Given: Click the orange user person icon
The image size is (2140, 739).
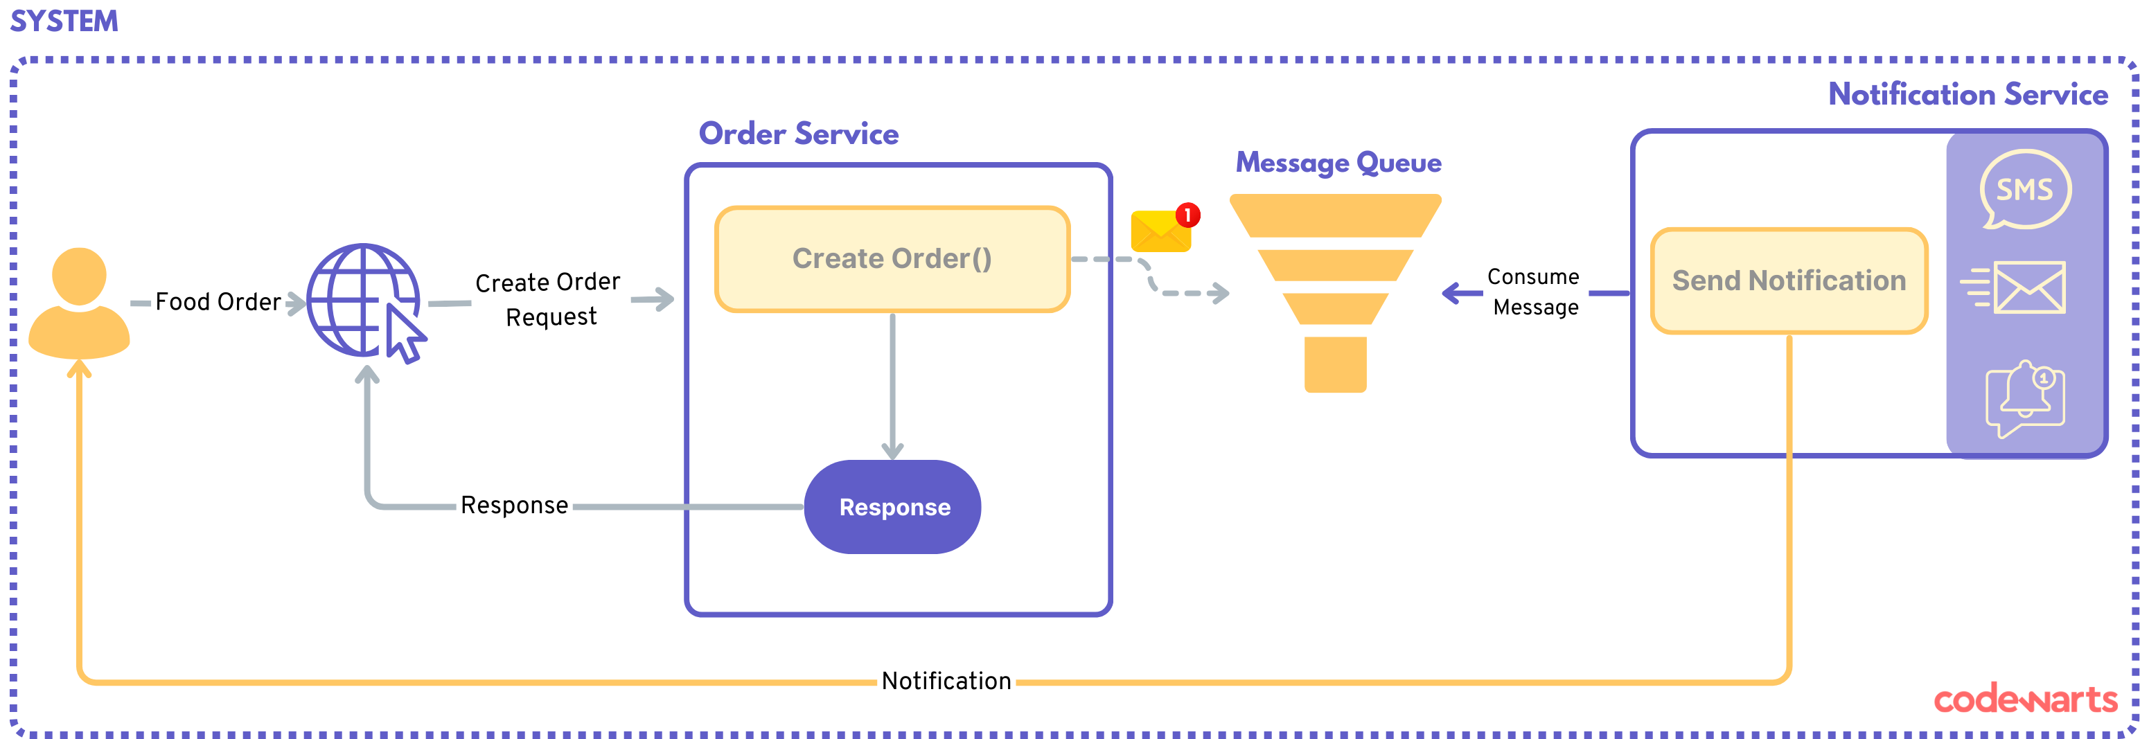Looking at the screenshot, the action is point(79,303).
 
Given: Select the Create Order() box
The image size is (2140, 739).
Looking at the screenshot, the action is point(892,259).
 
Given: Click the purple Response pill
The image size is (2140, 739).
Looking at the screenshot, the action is point(893,506).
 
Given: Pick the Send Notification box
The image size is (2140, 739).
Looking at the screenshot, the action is point(1789,281).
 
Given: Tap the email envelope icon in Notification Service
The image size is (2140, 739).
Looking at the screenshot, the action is point(2014,287).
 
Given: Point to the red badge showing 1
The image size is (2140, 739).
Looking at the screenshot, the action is point(1188,215).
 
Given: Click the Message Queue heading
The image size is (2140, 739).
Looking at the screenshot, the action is point(1338,163).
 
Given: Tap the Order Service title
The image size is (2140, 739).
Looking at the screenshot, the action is point(798,134).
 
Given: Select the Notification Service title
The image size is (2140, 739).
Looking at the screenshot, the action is point(1968,94).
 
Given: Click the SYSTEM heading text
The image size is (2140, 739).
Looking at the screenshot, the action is point(64,21).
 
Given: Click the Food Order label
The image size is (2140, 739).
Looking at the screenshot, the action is point(218,301).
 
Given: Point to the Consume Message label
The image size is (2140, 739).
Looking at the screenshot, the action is point(1535,292).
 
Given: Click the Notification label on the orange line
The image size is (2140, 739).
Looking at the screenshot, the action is point(946,681).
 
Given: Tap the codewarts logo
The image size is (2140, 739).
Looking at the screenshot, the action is point(2026,700).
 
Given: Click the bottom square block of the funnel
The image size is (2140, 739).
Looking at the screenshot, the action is point(1335,364).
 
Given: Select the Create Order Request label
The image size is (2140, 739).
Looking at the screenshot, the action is point(548,299).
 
